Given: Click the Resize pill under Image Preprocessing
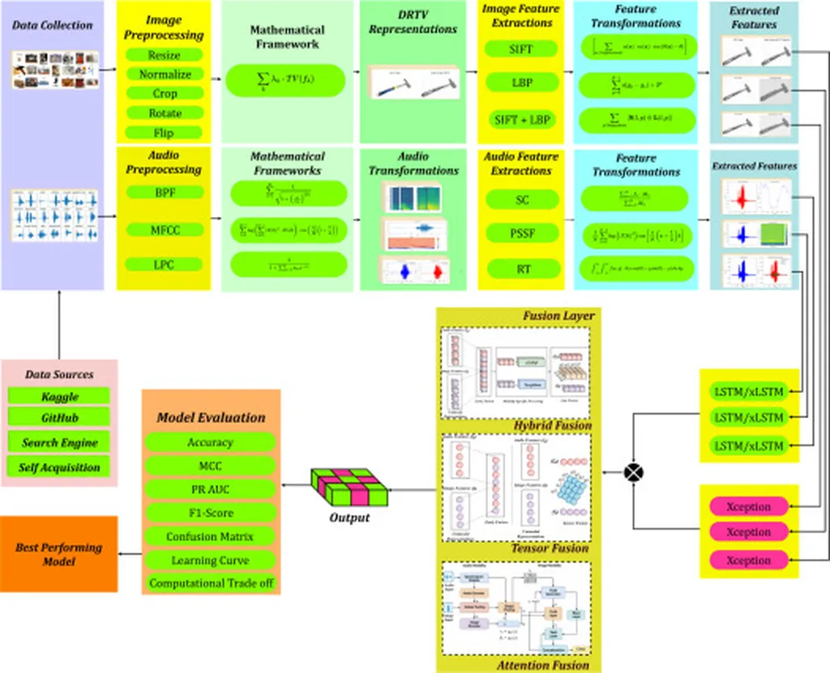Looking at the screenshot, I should click(x=165, y=56).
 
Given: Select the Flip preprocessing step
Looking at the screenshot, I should click(x=165, y=133).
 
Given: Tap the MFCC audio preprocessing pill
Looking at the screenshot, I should click(x=165, y=230).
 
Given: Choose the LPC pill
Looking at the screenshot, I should click(x=165, y=264).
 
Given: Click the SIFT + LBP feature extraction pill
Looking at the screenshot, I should click(x=521, y=120).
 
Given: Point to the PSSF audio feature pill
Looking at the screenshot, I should click(x=521, y=234).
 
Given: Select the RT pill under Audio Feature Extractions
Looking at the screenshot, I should click(x=521, y=269).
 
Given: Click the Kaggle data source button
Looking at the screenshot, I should click(x=59, y=397).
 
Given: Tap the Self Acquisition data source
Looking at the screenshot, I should click(x=59, y=467).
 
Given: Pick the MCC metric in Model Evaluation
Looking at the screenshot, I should click(x=210, y=466).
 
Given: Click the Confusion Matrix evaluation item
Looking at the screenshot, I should click(x=210, y=537).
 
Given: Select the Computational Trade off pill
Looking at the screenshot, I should click(x=210, y=583).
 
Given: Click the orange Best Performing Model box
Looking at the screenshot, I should click(x=59, y=554).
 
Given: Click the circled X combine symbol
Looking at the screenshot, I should click(x=632, y=472).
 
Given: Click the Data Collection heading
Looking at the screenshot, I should click(x=52, y=26).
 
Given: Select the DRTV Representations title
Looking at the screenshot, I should click(x=413, y=22).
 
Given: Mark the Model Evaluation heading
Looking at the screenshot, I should click(x=211, y=418).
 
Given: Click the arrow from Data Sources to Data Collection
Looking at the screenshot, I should click(x=59, y=324).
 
